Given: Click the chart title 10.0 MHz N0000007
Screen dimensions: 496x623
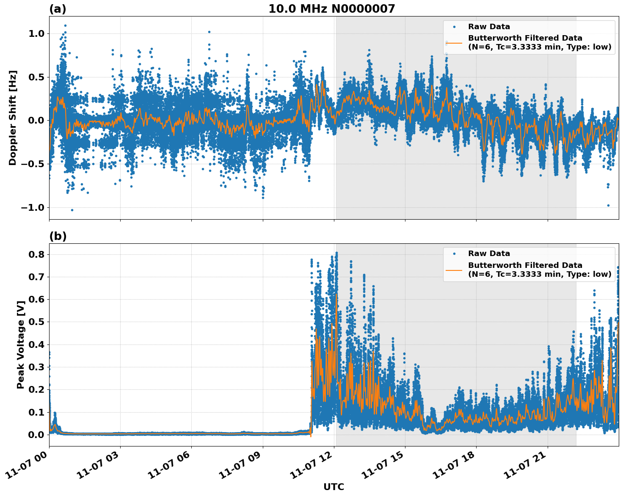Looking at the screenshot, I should pyautogui.click(x=331, y=9).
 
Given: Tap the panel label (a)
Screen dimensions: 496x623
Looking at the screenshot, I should pyautogui.click(x=58, y=9).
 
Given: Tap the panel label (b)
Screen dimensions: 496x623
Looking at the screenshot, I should pyautogui.click(x=58, y=236).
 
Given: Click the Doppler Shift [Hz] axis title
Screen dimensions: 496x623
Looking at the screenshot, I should pyautogui.click(x=13, y=118).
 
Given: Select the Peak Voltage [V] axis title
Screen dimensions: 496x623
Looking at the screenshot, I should pyautogui.click(x=20, y=344).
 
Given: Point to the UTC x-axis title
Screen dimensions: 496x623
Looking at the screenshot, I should pyautogui.click(x=334, y=487).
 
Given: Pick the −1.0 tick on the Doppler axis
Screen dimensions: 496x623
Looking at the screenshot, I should pyautogui.click(x=33, y=207).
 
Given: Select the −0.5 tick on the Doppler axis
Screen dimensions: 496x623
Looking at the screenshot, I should pyautogui.click(x=33, y=164).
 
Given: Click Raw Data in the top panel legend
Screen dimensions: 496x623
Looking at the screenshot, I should pyautogui.click(x=489, y=27).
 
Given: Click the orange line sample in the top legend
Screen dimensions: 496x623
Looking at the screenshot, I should pyautogui.click(x=454, y=42).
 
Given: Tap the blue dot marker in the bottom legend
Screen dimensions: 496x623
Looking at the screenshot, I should pyautogui.click(x=454, y=254).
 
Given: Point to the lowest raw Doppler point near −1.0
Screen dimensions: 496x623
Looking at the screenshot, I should pyautogui.click(x=72, y=210).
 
